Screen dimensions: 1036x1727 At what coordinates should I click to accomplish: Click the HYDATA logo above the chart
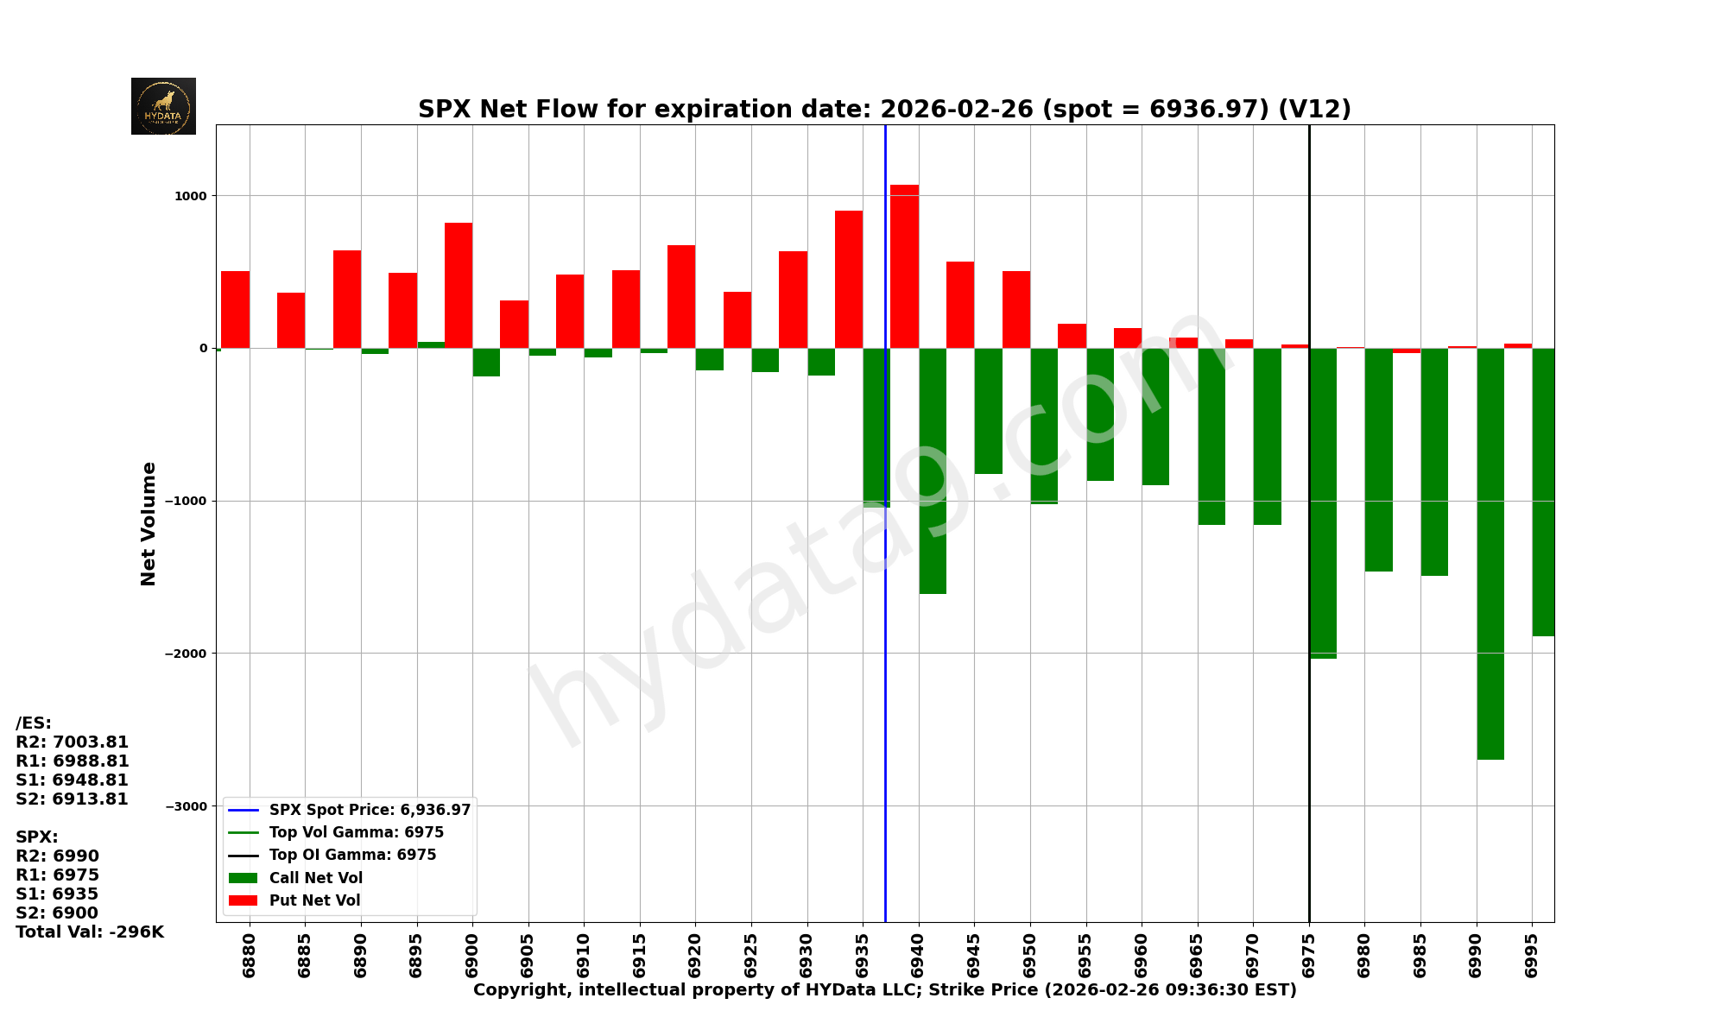(163, 106)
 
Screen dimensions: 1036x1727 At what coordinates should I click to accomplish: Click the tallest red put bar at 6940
(904, 266)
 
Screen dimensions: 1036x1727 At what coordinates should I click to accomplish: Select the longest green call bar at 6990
(1490, 553)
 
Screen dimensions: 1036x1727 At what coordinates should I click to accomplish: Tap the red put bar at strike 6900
(459, 285)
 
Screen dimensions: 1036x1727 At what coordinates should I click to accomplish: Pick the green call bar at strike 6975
(1323, 502)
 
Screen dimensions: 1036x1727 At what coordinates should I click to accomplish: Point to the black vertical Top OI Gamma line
(1309, 734)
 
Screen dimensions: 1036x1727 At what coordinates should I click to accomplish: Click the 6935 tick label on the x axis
(863, 955)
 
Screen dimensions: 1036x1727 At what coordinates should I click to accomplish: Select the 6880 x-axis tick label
(250, 955)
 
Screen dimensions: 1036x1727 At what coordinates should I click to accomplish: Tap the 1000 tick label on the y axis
(191, 196)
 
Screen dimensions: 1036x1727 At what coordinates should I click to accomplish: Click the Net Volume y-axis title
(149, 523)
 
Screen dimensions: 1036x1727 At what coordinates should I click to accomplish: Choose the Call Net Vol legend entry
(315, 878)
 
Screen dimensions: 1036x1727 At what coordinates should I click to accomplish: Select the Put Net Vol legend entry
(314, 900)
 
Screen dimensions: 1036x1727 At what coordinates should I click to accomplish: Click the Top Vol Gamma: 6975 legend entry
(356, 832)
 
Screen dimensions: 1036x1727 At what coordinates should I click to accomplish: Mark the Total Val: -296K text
(90, 932)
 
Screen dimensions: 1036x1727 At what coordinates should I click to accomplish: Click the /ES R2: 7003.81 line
(73, 742)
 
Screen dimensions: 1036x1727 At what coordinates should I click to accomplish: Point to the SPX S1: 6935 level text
(57, 894)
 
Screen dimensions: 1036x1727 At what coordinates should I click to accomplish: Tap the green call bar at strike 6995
(1543, 492)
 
